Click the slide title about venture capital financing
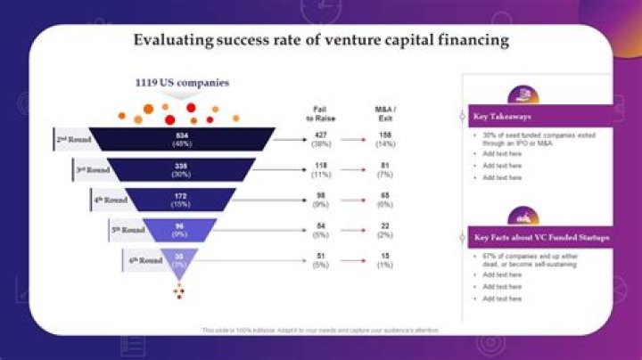[x=321, y=40]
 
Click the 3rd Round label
[x=93, y=169]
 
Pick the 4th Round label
[x=111, y=200]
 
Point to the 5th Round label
[x=128, y=230]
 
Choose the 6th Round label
[x=145, y=260]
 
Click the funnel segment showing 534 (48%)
[x=182, y=138]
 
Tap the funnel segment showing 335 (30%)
[x=182, y=169]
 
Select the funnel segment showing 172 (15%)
[x=182, y=200]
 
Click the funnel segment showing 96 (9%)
[x=182, y=230]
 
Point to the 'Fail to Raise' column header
[x=322, y=112]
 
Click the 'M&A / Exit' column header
[x=386, y=112]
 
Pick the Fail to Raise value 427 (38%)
[x=322, y=139]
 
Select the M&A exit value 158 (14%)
[x=386, y=139]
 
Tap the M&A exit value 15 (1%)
[x=386, y=260]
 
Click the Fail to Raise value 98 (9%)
[x=322, y=200]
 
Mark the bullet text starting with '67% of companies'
[x=531, y=259]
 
